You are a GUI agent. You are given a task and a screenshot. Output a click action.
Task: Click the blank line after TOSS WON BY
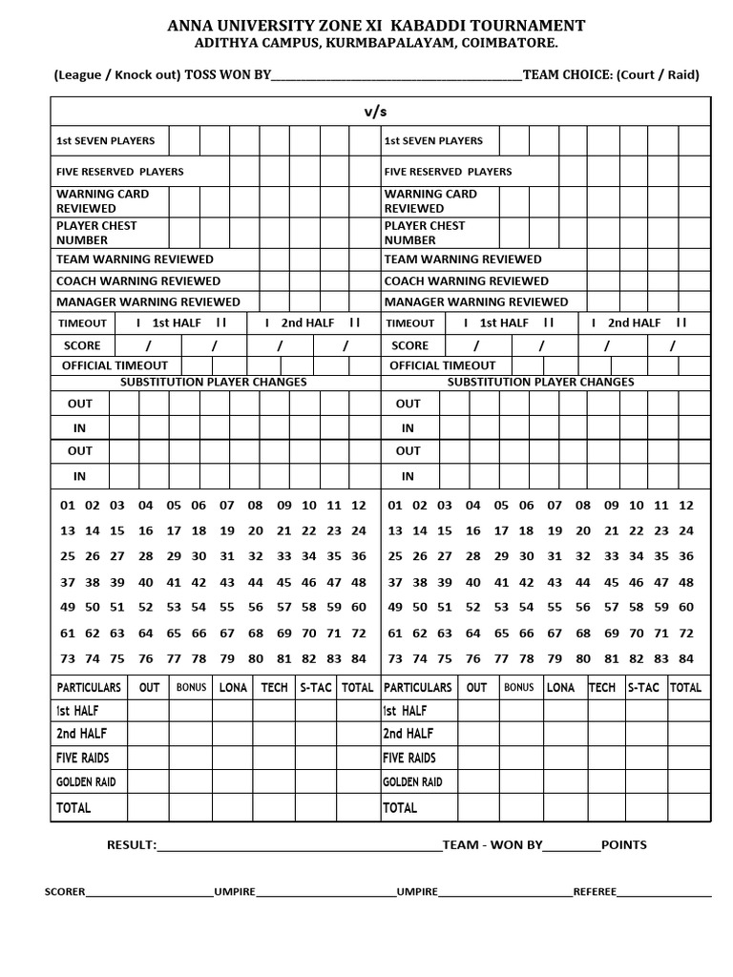pos(396,76)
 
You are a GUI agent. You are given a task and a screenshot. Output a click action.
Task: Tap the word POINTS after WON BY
pos(624,844)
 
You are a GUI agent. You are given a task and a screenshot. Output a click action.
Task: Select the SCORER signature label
pos(65,892)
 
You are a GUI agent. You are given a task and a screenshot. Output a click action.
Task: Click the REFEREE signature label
pos(595,892)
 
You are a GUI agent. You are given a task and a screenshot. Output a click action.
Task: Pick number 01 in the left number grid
pos(67,506)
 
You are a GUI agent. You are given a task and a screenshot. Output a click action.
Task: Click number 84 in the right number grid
pos(685,658)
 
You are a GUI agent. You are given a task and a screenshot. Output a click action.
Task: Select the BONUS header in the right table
pos(518,687)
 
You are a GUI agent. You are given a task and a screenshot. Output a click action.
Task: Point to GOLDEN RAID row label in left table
pos(87,782)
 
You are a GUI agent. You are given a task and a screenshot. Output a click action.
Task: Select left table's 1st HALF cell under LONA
pos(233,711)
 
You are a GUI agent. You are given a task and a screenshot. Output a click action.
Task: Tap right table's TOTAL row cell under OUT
pos(476,808)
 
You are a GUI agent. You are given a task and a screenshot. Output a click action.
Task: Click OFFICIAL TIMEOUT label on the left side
pos(115,365)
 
